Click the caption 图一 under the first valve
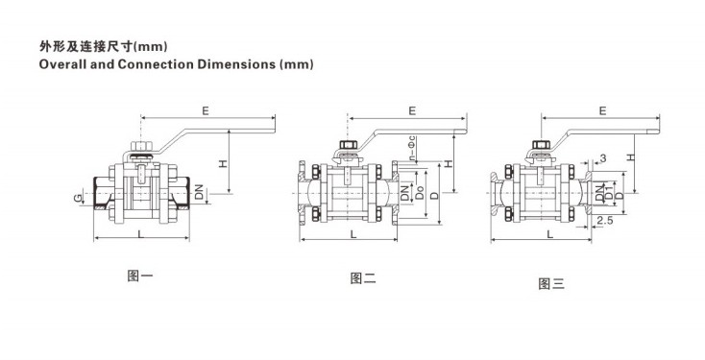[x=140, y=276]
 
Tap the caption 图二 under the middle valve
[x=363, y=278]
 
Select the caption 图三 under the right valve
[x=551, y=283]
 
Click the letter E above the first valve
[x=206, y=110]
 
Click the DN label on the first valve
[x=199, y=192]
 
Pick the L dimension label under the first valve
[x=141, y=234]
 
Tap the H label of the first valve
[x=224, y=164]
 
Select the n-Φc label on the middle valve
[x=412, y=149]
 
